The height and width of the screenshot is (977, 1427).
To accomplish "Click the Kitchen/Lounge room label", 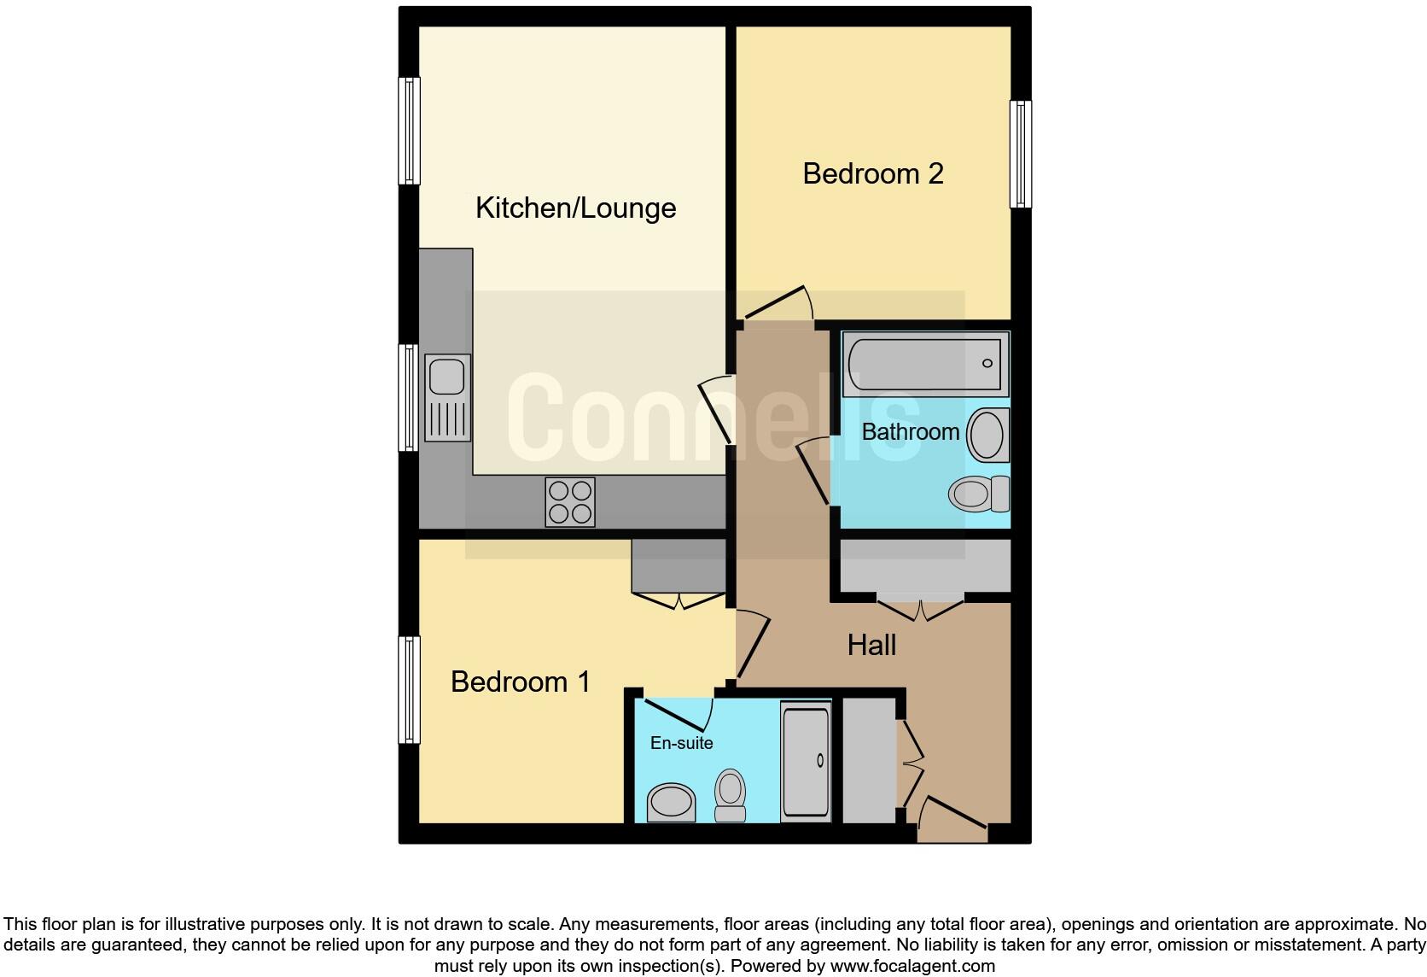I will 575,208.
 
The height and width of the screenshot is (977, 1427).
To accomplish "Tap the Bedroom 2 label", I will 872,173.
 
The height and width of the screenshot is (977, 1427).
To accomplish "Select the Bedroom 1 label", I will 520,682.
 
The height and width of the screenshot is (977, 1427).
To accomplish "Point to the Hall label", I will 871,645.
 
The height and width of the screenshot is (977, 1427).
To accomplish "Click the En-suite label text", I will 681,743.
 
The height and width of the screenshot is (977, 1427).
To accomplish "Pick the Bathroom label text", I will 910,431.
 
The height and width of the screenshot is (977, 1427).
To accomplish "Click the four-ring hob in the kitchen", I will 569,502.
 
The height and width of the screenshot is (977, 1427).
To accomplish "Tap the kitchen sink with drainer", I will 447,396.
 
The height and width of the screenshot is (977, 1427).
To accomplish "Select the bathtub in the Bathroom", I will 925,365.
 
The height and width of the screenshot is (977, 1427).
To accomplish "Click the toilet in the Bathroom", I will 978,494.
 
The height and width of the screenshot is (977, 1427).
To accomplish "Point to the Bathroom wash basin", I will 988,435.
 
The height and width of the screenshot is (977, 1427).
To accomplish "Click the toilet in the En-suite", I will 730,794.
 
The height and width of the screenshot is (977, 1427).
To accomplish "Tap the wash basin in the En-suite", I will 671,803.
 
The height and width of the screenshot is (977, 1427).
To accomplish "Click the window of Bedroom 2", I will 1020,154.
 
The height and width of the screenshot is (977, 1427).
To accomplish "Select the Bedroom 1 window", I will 410,689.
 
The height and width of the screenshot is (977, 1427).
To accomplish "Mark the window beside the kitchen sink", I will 410,397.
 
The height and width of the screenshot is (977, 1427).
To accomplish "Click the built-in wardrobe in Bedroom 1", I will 679,566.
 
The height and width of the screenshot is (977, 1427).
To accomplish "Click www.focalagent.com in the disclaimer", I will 912,966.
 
